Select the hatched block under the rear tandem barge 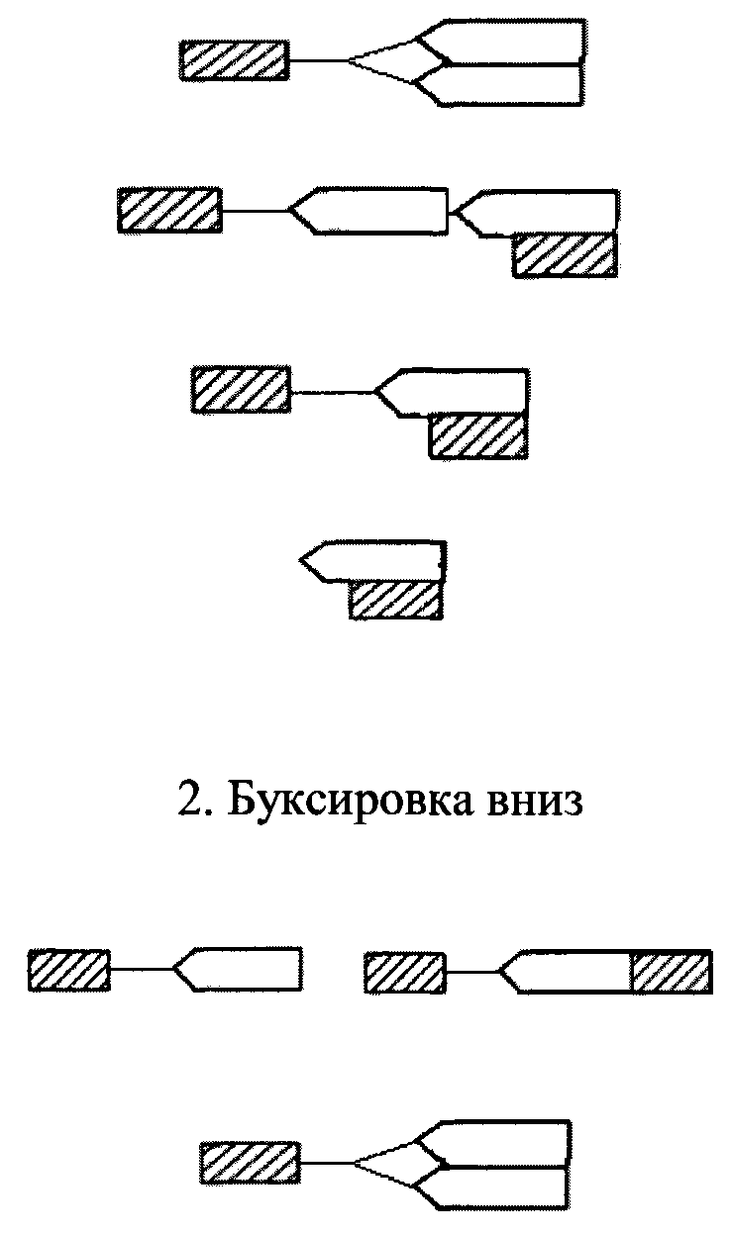(x=565, y=254)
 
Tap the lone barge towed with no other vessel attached (x=243, y=970)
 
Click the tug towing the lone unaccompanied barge (x=68, y=970)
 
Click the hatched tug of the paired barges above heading (x=234, y=60)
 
